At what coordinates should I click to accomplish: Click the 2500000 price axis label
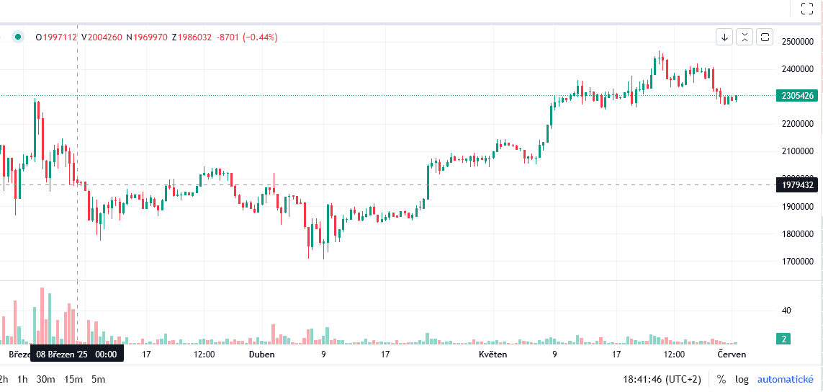point(798,42)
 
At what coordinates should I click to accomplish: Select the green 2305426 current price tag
point(798,96)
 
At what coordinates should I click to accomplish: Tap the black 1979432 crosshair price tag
point(798,185)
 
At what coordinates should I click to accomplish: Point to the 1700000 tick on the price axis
point(798,262)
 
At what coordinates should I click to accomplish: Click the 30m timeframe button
point(46,379)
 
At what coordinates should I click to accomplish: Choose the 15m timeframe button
point(73,379)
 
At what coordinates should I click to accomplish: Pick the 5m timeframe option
point(98,379)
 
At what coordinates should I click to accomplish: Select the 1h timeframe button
point(23,379)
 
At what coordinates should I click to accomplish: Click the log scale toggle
point(742,379)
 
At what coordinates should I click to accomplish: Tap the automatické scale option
point(786,379)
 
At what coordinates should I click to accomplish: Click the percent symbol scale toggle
point(721,379)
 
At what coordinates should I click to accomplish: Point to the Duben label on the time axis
point(261,355)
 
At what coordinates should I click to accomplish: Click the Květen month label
point(493,355)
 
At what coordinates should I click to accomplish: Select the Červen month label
point(732,355)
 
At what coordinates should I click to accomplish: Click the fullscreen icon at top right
point(807,9)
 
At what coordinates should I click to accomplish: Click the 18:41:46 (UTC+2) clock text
point(662,379)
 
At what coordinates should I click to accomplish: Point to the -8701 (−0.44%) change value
point(246,37)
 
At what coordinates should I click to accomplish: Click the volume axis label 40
point(786,311)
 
